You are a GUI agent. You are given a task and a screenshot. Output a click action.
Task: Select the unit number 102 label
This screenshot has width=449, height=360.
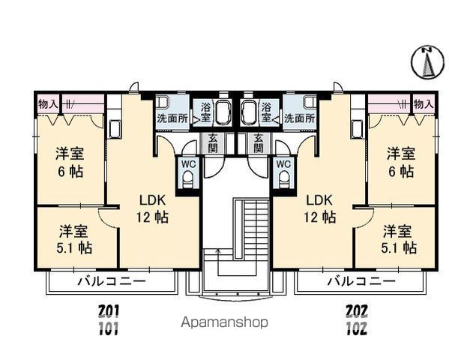click(356, 328)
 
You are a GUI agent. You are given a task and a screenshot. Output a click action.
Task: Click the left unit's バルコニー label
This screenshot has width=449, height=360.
click(111, 282)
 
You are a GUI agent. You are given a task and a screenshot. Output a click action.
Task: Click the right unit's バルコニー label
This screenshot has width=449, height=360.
click(361, 282)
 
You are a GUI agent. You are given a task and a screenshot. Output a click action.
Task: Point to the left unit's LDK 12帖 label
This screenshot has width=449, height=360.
click(153, 209)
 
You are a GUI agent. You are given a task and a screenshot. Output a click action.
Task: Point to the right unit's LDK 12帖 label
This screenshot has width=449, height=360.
click(320, 209)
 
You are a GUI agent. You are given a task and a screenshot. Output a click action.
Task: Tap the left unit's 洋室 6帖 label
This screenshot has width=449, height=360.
click(69, 162)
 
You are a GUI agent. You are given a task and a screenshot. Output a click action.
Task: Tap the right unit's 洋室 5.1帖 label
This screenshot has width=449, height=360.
click(399, 238)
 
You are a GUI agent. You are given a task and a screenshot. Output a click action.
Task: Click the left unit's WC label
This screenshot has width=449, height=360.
click(187, 163)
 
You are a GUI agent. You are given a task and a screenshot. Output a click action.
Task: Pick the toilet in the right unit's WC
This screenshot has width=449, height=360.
click(283, 178)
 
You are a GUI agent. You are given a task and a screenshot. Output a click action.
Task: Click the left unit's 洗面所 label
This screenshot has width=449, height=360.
click(172, 118)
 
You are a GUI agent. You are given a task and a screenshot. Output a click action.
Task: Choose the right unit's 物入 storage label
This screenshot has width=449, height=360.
click(424, 103)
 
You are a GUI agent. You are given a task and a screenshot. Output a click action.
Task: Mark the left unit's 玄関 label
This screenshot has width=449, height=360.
click(213, 142)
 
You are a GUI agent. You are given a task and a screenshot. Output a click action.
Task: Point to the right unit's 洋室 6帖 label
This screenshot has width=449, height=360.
click(400, 162)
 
